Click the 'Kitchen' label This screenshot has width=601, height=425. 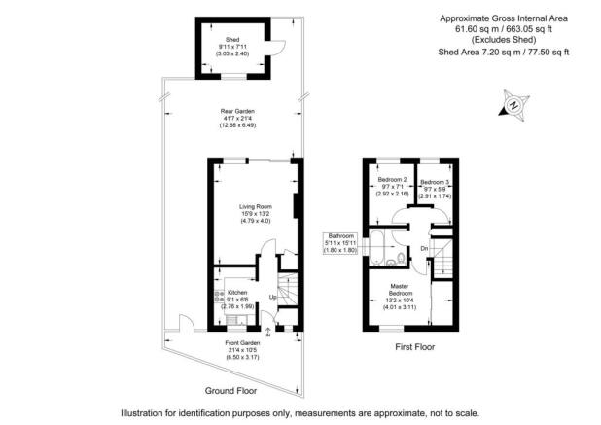(237, 292)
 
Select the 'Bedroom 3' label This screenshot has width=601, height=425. (434, 182)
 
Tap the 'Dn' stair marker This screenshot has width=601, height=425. (424, 248)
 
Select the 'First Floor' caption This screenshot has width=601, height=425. (414, 345)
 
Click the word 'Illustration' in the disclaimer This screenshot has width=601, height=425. (149, 412)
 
